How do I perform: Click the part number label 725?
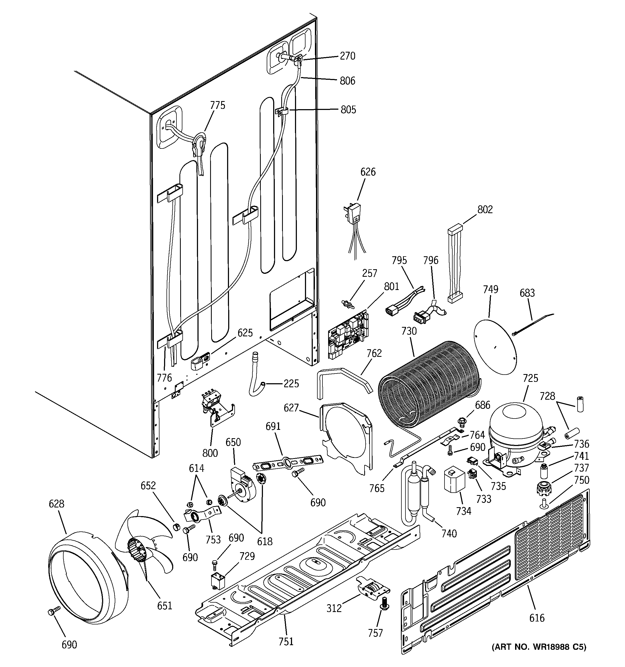530,378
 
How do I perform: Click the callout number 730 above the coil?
409,331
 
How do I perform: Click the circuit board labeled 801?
348,336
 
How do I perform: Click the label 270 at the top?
347,56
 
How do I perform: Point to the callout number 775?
217,105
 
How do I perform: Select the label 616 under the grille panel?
537,618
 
